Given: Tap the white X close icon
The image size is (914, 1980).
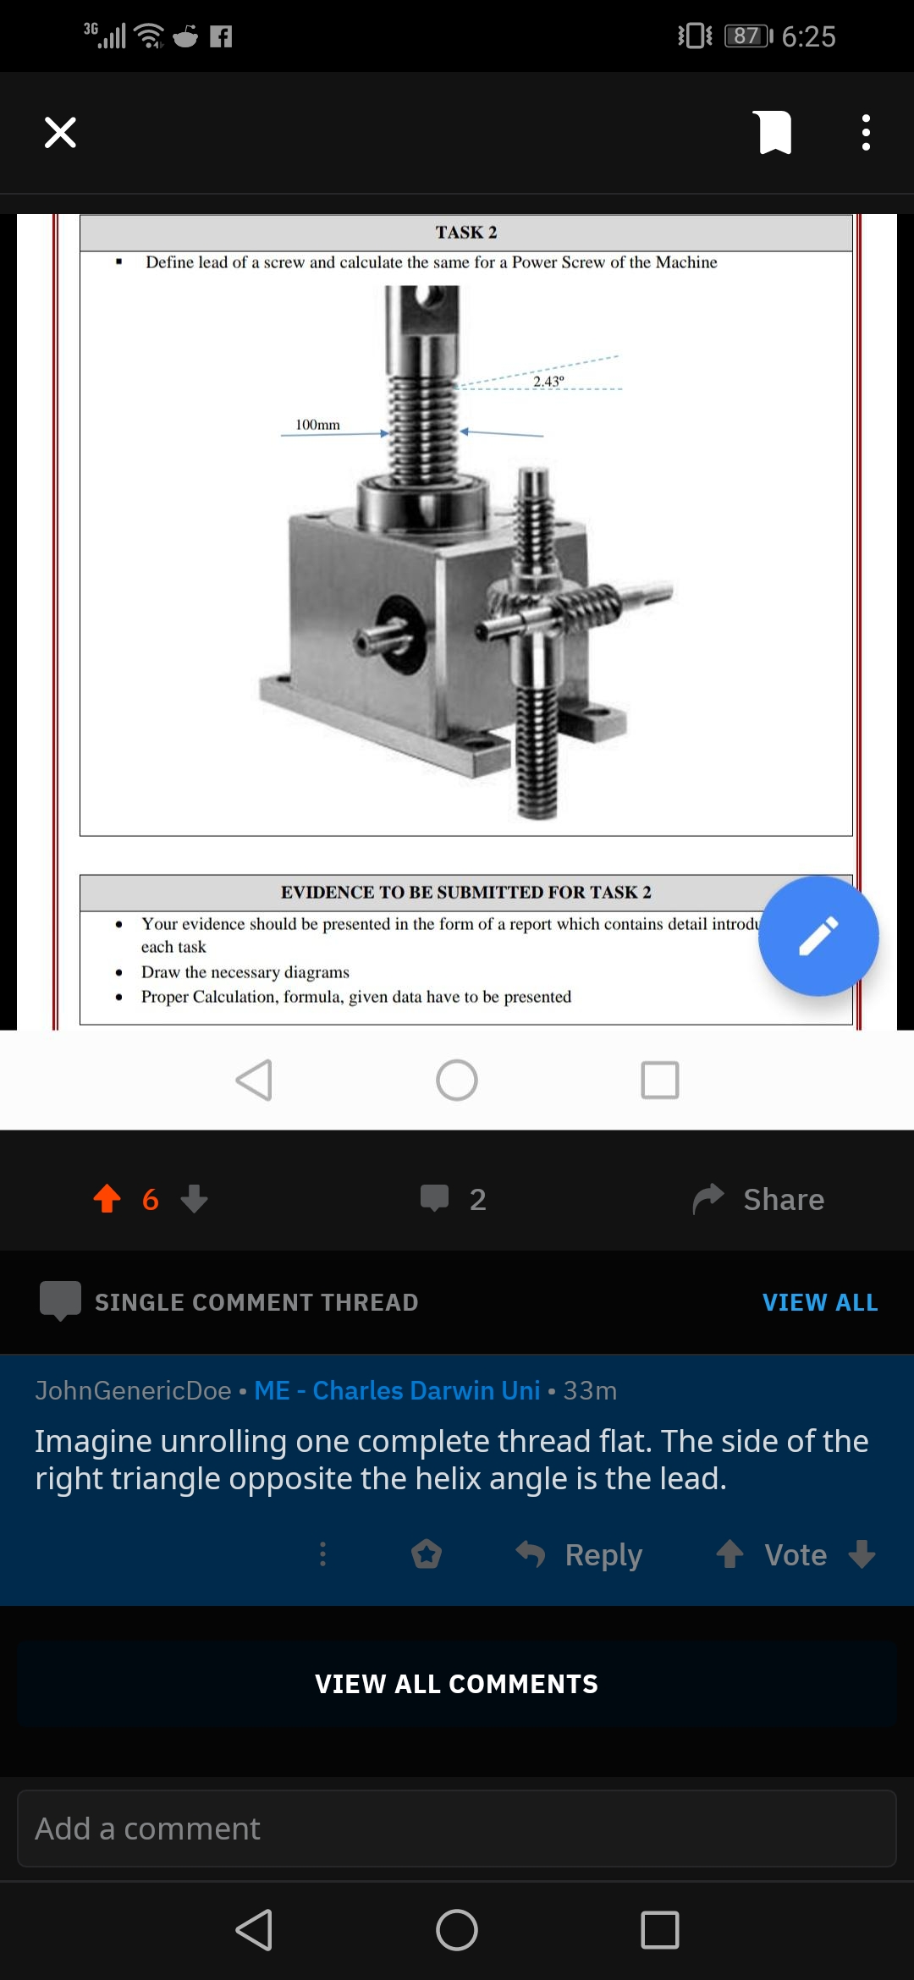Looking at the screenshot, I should [60, 133].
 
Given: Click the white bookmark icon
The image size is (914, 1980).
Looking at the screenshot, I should [774, 133].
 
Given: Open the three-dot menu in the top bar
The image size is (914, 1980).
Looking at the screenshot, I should [865, 133].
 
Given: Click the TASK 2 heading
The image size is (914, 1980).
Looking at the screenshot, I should [466, 233].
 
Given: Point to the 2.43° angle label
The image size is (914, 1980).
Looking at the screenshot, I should [548, 382].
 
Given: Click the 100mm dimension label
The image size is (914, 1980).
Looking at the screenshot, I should [317, 425].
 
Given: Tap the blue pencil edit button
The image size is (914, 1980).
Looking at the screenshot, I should [818, 936].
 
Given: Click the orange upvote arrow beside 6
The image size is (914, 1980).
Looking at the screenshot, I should [107, 1198].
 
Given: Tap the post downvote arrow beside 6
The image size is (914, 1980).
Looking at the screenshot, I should [195, 1198].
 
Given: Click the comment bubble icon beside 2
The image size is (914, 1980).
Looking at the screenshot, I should [435, 1198].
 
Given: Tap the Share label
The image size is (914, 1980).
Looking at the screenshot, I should [783, 1199].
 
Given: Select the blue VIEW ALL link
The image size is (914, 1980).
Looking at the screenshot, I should [819, 1302].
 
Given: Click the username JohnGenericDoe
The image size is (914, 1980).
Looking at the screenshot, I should [133, 1390].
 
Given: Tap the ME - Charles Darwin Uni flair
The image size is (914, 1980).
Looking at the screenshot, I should [397, 1390].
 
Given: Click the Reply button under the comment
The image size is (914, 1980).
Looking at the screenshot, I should [581, 1554].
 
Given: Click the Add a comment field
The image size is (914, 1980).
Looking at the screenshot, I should [457, 1829].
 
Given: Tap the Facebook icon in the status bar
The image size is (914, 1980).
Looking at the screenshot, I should [221, 36].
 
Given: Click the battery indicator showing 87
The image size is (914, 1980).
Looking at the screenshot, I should [748, 36].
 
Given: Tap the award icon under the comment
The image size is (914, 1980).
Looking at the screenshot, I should [427, 1554].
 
